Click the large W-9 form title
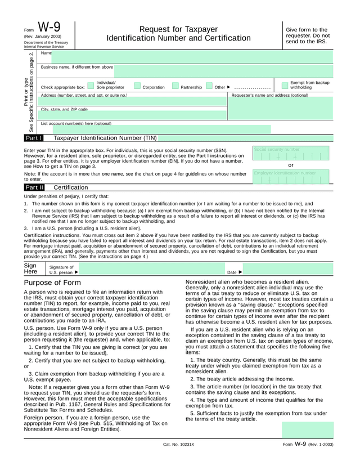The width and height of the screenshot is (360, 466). click(49, 28)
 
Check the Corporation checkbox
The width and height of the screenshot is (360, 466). click(137, 86)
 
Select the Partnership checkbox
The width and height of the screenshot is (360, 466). click(175, 86)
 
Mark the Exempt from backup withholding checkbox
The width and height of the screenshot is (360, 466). click(285, 86)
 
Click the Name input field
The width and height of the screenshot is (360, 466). click(191, 57)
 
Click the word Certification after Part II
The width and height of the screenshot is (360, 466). click(70, 187)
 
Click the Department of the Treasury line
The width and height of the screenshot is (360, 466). click(46, 42)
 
